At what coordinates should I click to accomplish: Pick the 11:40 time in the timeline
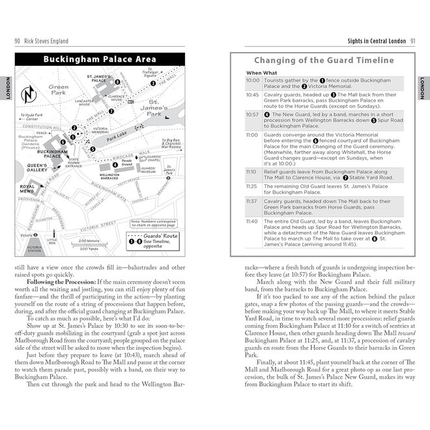pos(253,221)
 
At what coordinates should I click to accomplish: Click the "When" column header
pos(253,73)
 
